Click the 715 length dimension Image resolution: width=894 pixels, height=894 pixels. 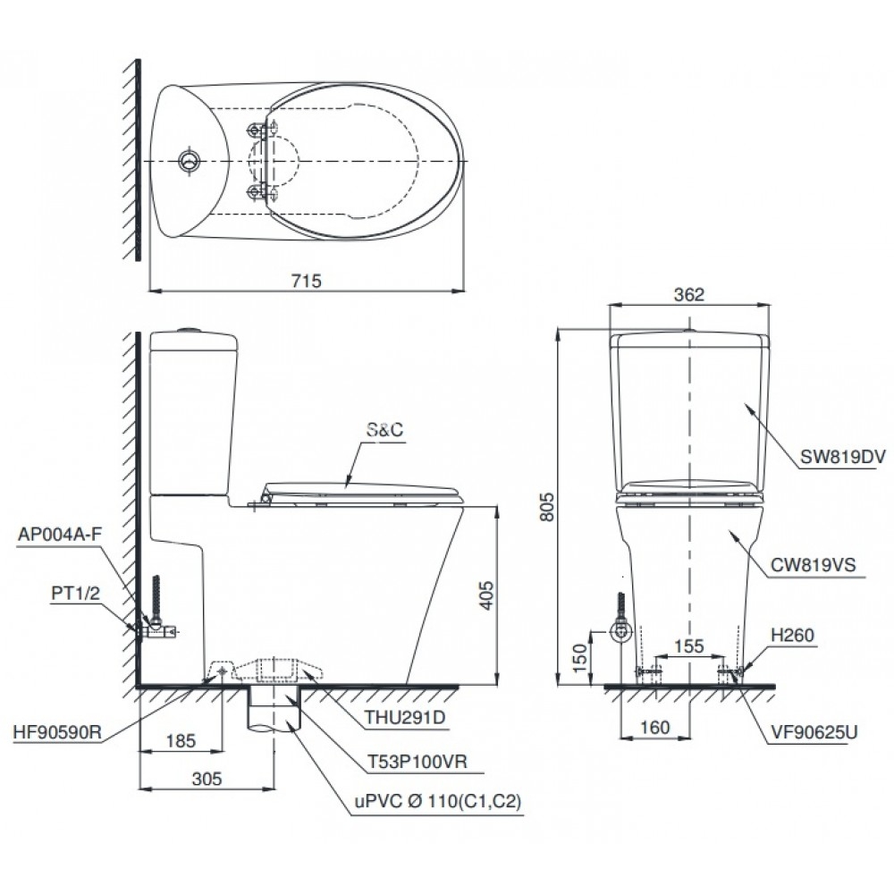(305, 279)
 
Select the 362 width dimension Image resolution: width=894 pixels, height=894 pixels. (688, 294)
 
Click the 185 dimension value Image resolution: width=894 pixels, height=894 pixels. (181, 740)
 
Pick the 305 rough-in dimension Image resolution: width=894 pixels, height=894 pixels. (206, 780)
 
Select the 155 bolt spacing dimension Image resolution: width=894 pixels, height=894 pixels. (687, 645)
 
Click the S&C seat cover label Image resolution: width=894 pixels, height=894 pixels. (384, 430)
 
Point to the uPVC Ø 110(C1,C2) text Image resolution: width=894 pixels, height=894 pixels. (436, 803)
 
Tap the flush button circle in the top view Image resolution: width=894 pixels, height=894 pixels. (190, 160)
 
